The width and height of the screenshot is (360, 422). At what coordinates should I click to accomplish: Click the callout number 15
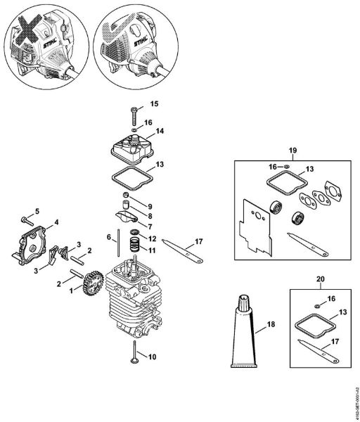155,104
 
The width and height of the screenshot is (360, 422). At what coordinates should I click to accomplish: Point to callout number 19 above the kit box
294,151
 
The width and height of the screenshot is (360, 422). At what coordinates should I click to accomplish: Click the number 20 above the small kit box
321,279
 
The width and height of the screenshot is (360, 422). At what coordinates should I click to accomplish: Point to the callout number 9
150,205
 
